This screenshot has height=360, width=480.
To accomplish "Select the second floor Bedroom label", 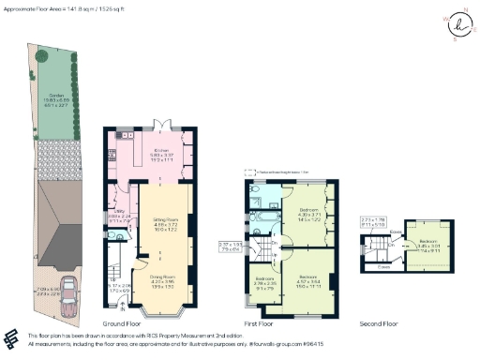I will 429,246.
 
